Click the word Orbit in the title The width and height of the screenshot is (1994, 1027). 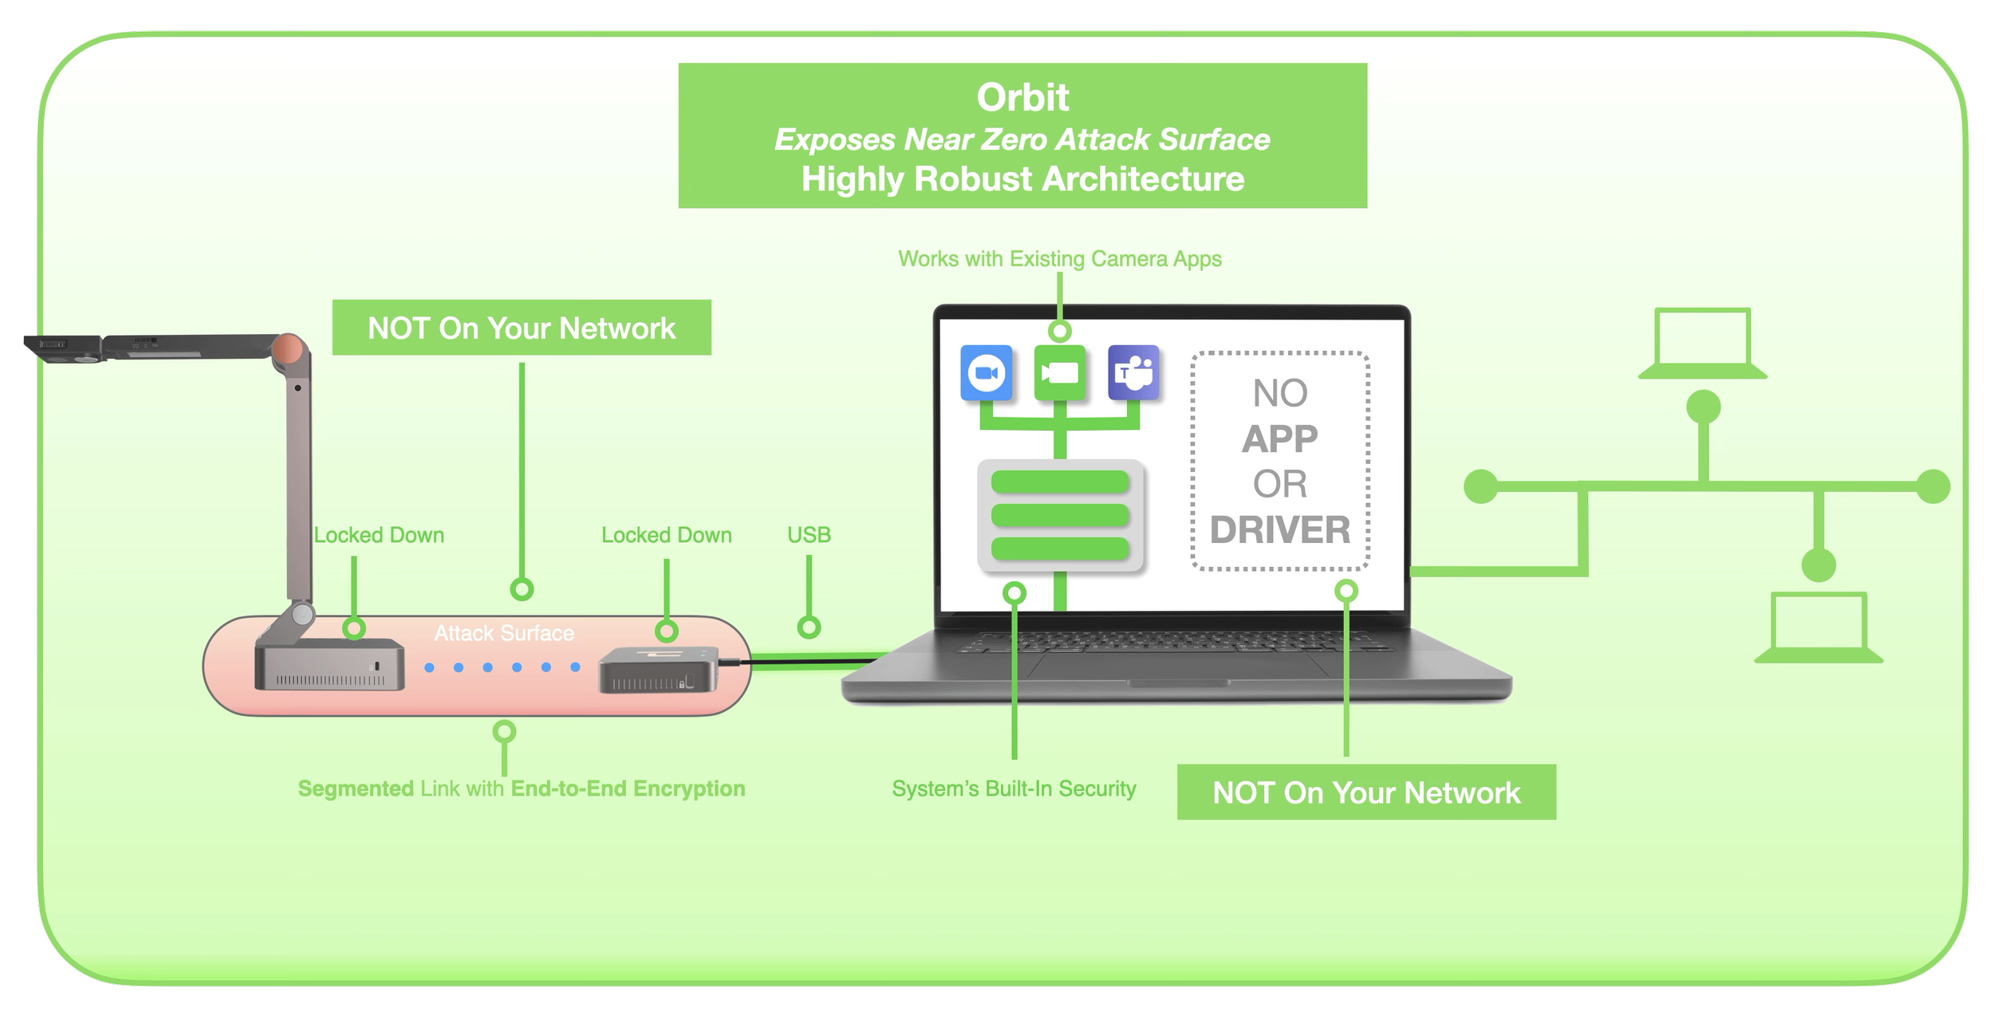pyautogui.click(x=1023, y=98)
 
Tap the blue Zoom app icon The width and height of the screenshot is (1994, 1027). pyautogui.click(x=987, y=372)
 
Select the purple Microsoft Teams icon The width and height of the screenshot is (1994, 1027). pyautogui.click(x=1133, y=372)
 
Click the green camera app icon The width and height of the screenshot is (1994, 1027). pyautogui.click(x=1059, y=372)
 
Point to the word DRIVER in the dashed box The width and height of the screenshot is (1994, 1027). pyautogui.click(x=1280, y=530)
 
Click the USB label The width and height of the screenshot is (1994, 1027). pyautogui.click(x=809, y=535)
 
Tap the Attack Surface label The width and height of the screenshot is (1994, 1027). pyautogui.click(x=504, y=633)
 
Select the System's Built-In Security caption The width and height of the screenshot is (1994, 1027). pyautogui.click(x=1014, y=789)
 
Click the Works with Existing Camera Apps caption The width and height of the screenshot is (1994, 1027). pyautogui.click(x=1059, y=259)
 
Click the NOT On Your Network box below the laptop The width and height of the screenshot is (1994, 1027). pyautogui.click(x=1366, y=793)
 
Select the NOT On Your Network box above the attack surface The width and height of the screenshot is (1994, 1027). pyautogui.click(x=522, y=328)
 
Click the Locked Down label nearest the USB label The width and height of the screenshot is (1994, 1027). pyautogui.click(x=666, y=535)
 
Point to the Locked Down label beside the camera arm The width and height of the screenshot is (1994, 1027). pyautogui.click(x=379, y=535)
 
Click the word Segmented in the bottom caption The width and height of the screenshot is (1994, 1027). pyautogui.click(x=355, y=789)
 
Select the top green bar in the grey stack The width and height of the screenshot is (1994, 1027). pyautogui.click(x=1059, y=482)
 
